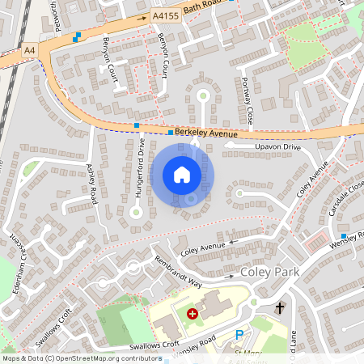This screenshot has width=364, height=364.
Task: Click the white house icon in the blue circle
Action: click(x=182, y=175)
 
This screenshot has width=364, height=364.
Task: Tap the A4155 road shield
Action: click(x=164, y=15)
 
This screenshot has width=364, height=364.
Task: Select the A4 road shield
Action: click(x=29, y=49)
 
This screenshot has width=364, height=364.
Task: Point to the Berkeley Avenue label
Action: click(x=208, y=133)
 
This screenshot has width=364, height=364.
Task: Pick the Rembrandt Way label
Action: click(x=178, y=270)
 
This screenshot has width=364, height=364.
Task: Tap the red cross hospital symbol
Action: click(x=193, y=313)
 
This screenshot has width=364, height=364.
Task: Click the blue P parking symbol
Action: click(x=239, y=334)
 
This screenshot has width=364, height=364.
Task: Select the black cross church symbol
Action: click(x=280, y=307)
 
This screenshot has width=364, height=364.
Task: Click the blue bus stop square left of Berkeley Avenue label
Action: click(x=138, y=125)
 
